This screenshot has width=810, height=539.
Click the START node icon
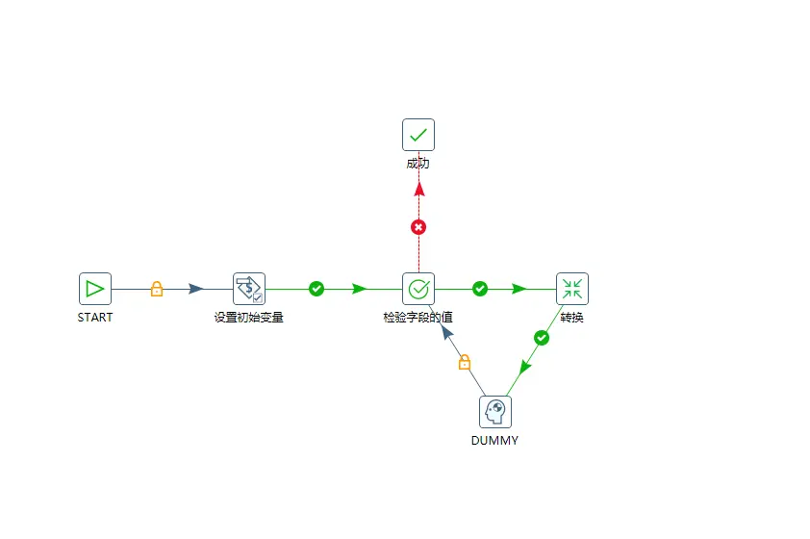click(x=95, y=289)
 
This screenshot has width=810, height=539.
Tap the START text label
click(x=95, y=318)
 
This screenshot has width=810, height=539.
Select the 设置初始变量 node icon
click(x=249, y=289)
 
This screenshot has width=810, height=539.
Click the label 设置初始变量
click(x=248, y=318)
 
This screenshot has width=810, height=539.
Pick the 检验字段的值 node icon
click(x=418, y=289)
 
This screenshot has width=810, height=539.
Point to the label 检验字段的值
click(x=418, y=318)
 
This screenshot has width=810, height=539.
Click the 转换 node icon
click(x=572, y=289)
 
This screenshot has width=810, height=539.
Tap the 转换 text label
click(x=572, y=318)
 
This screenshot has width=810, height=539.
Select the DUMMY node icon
click(x=495, y=412)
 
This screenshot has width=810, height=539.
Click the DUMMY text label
click(x=495, y=441)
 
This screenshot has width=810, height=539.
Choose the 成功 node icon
click(x=418, y=135)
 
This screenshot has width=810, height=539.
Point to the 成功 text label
click(x=418, y=164)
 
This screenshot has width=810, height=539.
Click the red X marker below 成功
click(x=418, y=227)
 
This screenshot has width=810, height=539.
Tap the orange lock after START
click(x=157, y=289)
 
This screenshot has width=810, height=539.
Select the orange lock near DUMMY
click(x=465, y=362)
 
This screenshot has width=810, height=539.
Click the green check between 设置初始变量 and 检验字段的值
click(x=316, y=289)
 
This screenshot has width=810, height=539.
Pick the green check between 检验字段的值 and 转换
click(x=480, y=289)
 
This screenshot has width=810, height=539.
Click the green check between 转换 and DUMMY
click(x=542, y=338)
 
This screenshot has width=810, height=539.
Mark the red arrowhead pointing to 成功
click(x=418, y=189)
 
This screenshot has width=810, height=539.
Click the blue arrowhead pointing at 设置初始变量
click(x=196, y=289)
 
